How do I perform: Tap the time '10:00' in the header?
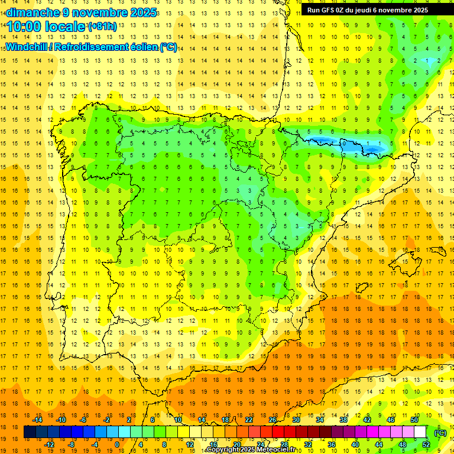tap(24, 27)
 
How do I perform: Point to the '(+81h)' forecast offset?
tap(102, 26)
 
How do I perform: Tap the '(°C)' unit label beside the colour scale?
tap(440, 433)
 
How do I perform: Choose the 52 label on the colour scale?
tap(426, 445)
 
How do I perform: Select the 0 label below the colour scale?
tap(117, 445)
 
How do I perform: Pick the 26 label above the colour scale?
tap(273, 420)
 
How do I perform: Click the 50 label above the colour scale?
tap(414, 420)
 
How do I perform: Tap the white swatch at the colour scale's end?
tap(420, 432)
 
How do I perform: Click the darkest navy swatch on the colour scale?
tap(30, 432)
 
